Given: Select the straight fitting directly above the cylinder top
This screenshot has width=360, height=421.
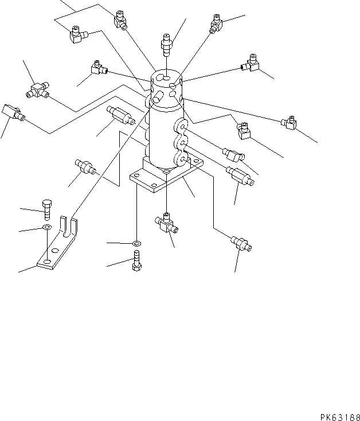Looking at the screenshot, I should [x=167, y=44].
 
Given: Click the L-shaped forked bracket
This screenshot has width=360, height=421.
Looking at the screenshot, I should [x=57, y=246].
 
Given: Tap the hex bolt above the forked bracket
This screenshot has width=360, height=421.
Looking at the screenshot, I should [x=48, y=209].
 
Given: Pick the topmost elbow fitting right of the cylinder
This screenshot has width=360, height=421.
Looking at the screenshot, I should [x=216, y=22].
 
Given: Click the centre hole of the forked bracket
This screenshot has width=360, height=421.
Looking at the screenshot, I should [x=55, y=250].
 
